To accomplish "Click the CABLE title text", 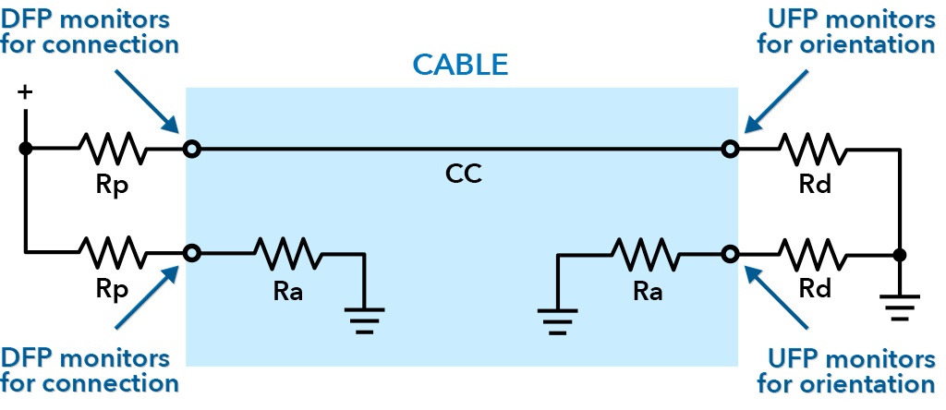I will click(460, 64).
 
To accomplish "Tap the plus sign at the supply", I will click(25, 93).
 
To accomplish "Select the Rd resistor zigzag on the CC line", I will click(811, 147).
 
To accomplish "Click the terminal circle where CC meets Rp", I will click(191, 148).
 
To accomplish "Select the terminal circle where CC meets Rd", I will click(730, 148).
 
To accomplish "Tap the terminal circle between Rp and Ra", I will click(191, 252).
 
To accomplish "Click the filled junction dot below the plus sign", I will click(26, 148).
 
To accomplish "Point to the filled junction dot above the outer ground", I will click(899, 253).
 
